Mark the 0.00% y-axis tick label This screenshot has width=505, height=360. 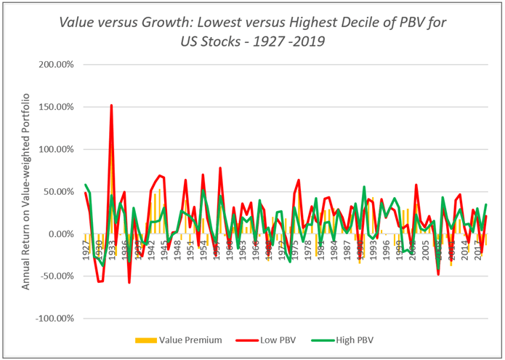57,233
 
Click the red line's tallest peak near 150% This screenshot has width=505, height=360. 111,105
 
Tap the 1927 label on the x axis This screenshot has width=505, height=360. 86,247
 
